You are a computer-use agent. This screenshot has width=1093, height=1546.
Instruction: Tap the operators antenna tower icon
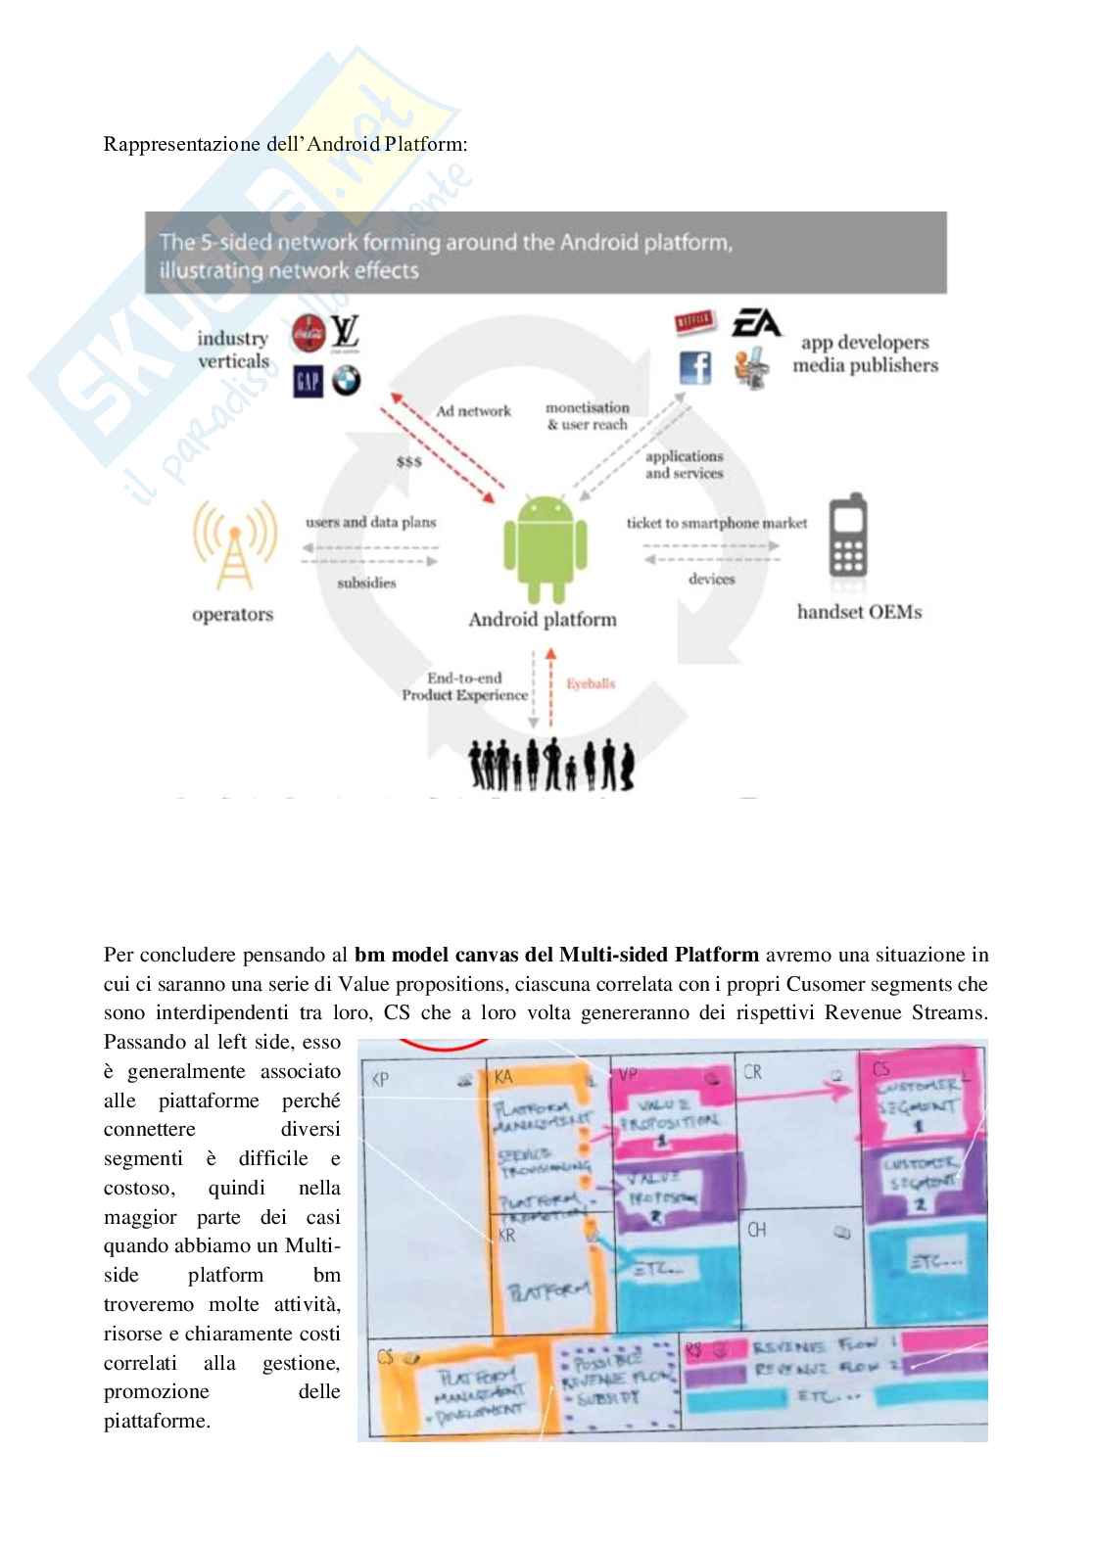(x=233, y=544)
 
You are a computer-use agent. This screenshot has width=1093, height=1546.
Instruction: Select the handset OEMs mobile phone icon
(x=847, y=538)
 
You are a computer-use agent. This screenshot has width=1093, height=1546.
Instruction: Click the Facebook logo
(x=695, y=367)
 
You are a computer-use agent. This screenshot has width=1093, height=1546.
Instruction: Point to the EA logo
(x=756, y=323)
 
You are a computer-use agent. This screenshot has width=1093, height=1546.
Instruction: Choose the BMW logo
(x=346, y=381)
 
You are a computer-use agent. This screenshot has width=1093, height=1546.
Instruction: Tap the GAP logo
(x=308, y=381)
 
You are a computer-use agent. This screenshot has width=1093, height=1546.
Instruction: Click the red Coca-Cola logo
(x=309, y=335)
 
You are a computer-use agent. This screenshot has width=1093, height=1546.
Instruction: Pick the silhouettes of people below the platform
(x=551, y=766)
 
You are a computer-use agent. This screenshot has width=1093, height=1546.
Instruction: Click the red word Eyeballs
(x=591, y=683)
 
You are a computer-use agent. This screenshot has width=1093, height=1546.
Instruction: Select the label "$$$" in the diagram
(x=409, y=461)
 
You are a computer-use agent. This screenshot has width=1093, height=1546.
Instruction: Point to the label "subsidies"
(x=366, y=583)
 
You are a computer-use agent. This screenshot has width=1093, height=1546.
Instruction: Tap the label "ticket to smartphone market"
(x=717, y=523)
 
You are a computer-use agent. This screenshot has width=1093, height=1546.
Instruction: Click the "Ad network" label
(x=474, y=411)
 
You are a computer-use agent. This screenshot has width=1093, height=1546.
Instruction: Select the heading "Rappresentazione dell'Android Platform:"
(x=286, y=144)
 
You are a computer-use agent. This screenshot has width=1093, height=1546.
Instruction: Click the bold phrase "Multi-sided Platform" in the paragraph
(x=658, y=954)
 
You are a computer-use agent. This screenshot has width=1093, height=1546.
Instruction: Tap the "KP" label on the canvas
(x=382, y=1079)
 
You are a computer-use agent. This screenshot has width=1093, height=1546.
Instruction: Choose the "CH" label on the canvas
(x=756, y=1229)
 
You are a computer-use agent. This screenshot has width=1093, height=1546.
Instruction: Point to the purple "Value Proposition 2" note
(x=672, y=1193)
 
